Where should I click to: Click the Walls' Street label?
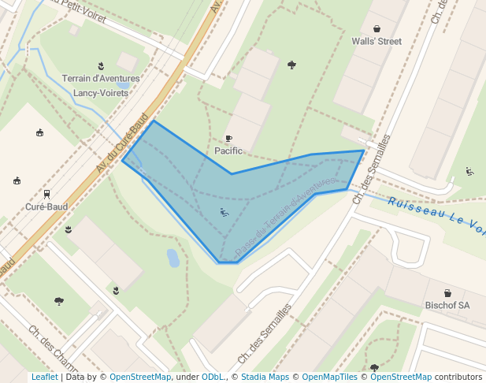[377, 42]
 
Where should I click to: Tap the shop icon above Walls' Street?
[377, 28]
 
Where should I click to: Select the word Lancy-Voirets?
[100, 93]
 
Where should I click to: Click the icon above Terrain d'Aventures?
[101, 65]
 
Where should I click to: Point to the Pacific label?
[228, 151]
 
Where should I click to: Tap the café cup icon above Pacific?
[228, 138]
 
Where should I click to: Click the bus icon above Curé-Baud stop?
[46, 194]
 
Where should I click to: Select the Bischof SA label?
[447, 305]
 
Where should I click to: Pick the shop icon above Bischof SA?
[447, 292]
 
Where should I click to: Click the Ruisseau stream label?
[437, 214]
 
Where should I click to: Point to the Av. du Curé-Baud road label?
[122, 145]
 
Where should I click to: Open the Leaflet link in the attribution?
[44, 377]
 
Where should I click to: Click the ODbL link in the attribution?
[213, 377]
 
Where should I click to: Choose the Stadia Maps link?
[265, 377]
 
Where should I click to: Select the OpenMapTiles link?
[325, 377]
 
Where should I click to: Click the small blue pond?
[173, 258]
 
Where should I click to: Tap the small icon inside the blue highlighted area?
[224, 211]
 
